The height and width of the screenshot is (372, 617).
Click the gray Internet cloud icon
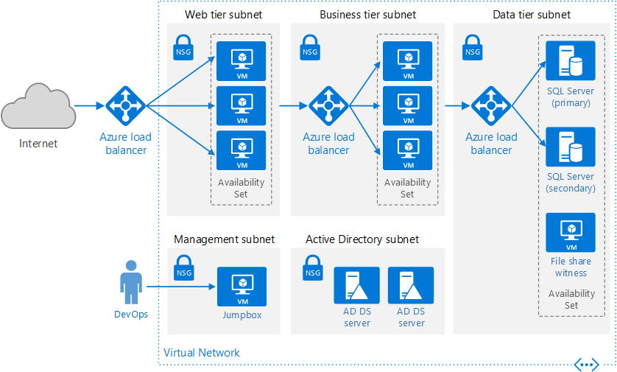pyautogui.click(x=38, y=106)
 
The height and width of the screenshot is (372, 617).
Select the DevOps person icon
pyautogui.click(x=131, y=282)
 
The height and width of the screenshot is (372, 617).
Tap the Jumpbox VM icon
pyautogui.click(x=241, y=287)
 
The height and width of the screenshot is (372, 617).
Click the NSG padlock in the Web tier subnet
pyautogui.click(x=183, y=47)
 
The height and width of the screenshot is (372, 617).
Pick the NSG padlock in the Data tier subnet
pyautogui.click(x=472, y=47)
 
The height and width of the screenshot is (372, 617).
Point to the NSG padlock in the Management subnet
pyautogui.click(x=184, y=267)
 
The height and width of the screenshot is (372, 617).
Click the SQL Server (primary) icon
pyautogui.click(x=570, y=60)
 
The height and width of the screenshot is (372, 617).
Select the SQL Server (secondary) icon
pyautogui.click(x=570, y=147)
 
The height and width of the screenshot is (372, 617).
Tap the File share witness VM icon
pyautogui.click(x=570, y=233)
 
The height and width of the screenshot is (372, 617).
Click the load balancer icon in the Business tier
pyautogui.click(x=328, y=106)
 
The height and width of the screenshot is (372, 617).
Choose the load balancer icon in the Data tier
pyautogui.click(x=491, y=106)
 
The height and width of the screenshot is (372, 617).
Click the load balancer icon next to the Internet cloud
pyautogui.click(x=125, y=106)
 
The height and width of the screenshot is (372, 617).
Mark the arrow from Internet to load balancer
pyautogui.click(x=89, y=105)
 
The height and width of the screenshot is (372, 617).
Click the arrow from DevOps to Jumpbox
pyautogui.click(x=181, y=287)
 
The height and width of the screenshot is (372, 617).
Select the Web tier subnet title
pyautogui.click(x=224, y=15)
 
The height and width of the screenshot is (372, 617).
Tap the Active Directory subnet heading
pyautogui.click(x=362, y=239)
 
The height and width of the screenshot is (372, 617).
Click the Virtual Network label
pyautogui.click(x=202, y=353)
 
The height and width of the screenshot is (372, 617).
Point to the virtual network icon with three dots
pyautogui.click(x=586, y=365)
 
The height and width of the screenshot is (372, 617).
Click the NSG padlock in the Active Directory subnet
pyautogui.click(x=313, y=267)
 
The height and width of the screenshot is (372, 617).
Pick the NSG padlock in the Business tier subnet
pyautogui.click(x=310, y=47)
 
